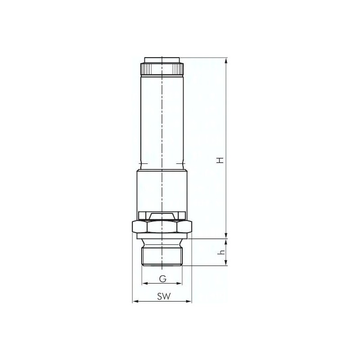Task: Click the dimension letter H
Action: coord(220,160)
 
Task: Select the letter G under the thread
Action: coord(162,279)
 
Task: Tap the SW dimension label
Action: coord(162,297)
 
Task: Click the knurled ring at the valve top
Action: coord(162,69)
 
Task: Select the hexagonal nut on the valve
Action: coord(162,225)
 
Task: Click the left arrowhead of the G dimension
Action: coord(144,284)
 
